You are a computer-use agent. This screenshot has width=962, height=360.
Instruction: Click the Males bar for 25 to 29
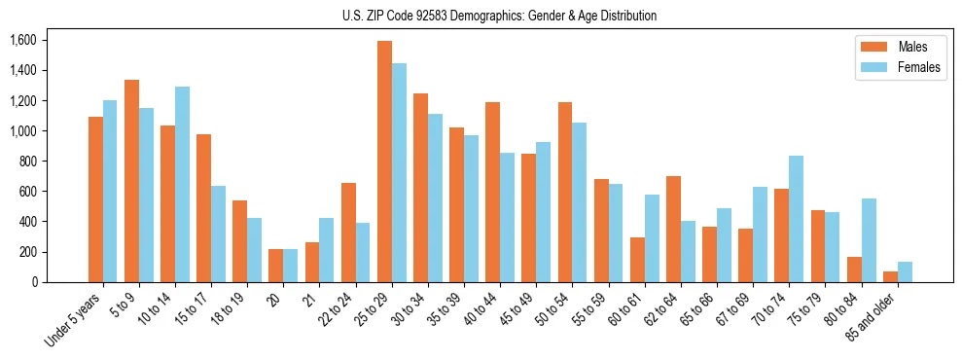[384, 162]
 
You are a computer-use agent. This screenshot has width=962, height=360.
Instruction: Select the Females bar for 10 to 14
[182, 185]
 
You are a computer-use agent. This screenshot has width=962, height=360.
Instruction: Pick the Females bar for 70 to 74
[796, 219]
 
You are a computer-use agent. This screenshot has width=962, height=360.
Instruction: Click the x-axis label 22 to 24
[341, 312]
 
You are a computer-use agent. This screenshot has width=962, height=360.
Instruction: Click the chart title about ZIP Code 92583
[500, 16]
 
